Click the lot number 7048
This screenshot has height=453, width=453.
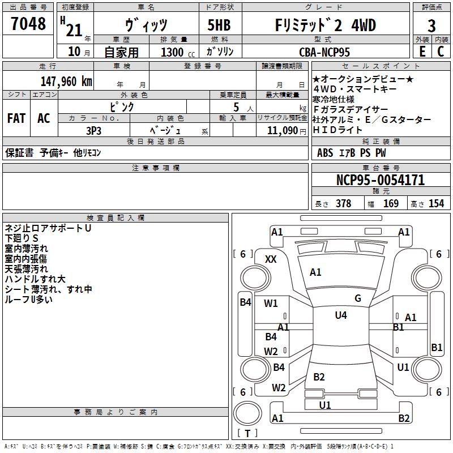click(x=28, y=24)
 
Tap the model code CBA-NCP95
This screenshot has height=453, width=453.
click(x=324, y=52)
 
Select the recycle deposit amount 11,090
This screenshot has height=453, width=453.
click(x=281, y=130)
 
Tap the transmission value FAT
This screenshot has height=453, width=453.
click(x=16, y=118)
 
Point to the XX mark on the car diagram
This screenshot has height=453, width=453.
click(x=271, y=259)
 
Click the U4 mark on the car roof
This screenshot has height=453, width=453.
click(x=341, y=315)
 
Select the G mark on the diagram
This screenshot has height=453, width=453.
click(x=358, y=298)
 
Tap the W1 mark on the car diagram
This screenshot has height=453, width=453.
click(x=271, y=304)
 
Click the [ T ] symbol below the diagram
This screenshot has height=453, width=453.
click(x=247, y=433)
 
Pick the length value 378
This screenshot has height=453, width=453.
click(x=343, y=204)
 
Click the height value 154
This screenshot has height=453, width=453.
click(x=436, y=204)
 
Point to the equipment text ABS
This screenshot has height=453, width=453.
click(x=325, y=153)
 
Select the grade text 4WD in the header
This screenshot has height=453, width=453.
click(x=363, y=25)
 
